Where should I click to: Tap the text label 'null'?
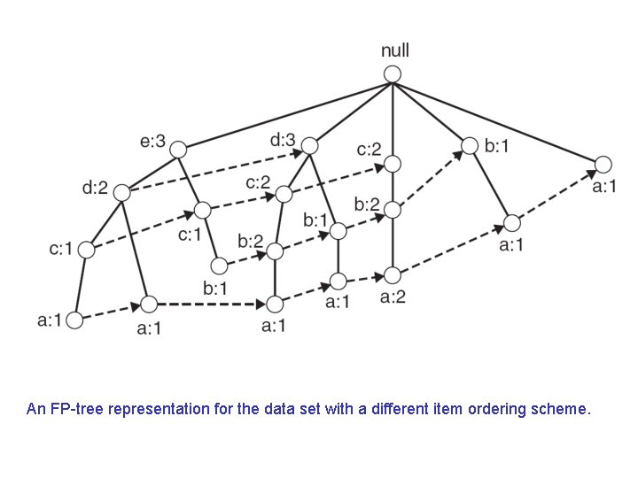coord(394,50)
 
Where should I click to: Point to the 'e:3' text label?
coord(152,139)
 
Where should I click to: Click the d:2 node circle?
coord(121,192)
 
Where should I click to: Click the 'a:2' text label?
coord(393,297)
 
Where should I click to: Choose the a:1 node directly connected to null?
coord(603,164)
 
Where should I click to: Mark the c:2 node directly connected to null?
coord(393,164)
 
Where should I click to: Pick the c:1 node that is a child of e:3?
coord(203,210)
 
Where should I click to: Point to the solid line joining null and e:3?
coord(284,112)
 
